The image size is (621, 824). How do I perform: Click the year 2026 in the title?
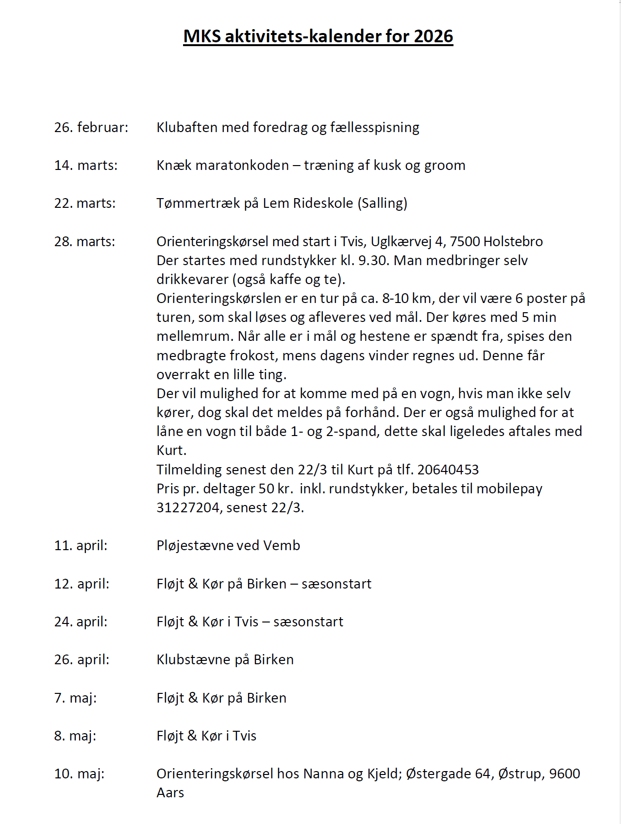click(433, 36)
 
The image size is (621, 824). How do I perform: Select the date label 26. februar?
click(91, 127)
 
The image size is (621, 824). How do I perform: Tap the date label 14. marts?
click(86, 166)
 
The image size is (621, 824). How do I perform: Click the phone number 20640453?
click(448, 470)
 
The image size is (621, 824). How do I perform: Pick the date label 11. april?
click(81, 546)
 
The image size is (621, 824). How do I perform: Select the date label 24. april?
click(81, 622)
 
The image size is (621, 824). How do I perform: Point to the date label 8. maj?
click(75, 736)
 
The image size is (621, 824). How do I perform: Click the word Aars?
click(170, 793)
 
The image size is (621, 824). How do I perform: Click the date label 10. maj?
click(80, 774)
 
